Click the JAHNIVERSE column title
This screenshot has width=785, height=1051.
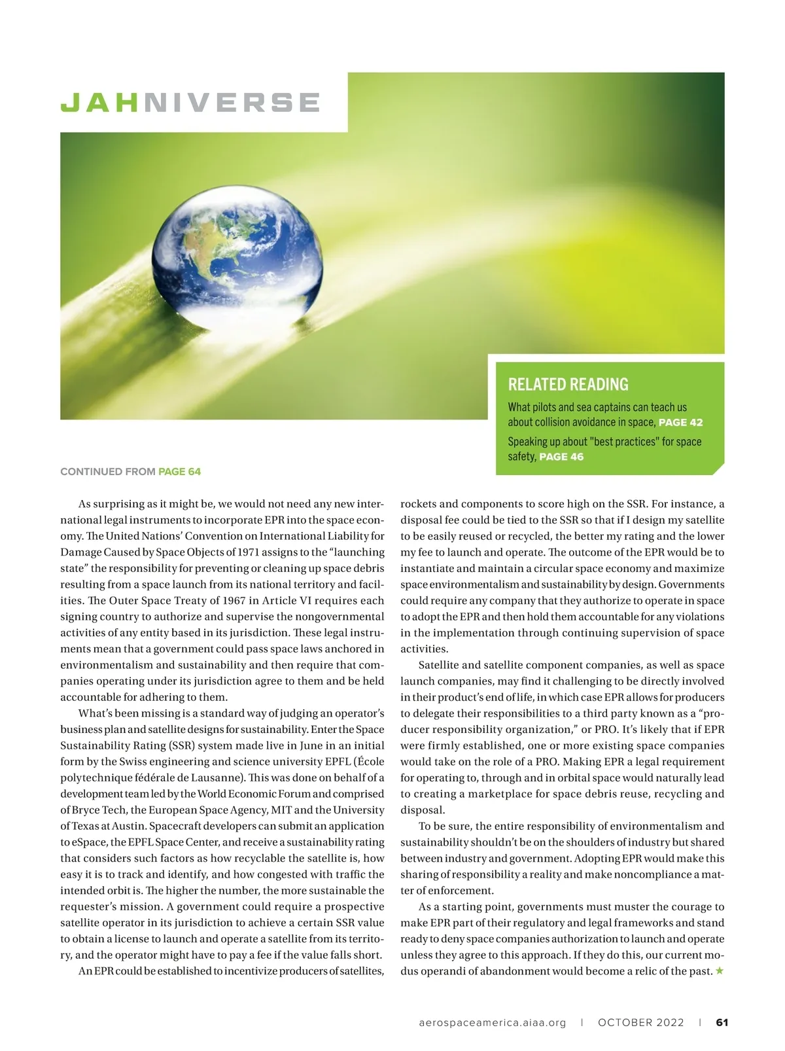click(190, 103)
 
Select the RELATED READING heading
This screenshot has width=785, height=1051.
click(568, 384)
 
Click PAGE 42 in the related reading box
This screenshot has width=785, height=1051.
click(680, 423)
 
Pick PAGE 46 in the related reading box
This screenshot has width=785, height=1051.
click(561, 457)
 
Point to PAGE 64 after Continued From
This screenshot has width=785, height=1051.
click(179, 471)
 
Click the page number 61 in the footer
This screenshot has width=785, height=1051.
click(722, 1022)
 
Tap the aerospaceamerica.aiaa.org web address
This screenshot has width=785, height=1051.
click(493, 1022)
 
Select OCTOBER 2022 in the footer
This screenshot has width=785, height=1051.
click(640, 1022)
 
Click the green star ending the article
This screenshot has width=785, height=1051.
click(720, 971)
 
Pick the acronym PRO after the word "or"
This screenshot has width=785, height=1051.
click(606, 730)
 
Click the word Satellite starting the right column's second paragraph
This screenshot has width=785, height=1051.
click(440, 665)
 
